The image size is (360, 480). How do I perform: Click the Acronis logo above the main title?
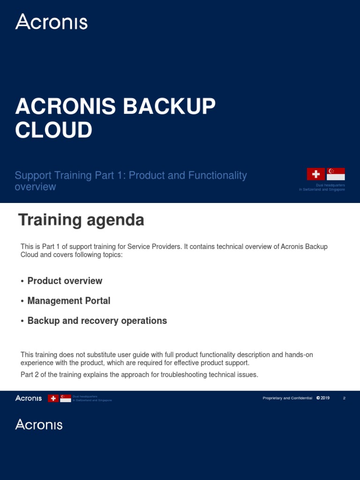coord(51,22)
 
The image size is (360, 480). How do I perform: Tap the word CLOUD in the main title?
coord(53,130)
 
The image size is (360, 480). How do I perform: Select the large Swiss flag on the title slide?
coord(316,174)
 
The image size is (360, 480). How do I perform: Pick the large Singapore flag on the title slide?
coord(336,174)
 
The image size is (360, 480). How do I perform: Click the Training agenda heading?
coord(81,220)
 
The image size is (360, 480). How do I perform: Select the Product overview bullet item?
coord(65,281)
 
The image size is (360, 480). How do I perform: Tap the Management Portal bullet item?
coord(69,301)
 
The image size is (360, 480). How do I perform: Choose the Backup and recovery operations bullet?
coord(97,321)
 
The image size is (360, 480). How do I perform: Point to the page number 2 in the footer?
coord(344,398)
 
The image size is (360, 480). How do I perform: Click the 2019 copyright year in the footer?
coord(325,398)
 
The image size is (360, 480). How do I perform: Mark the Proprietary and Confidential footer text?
coord(287,398)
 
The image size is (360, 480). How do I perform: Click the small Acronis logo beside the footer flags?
coord(29,398)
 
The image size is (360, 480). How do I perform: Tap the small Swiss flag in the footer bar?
coord(54,398)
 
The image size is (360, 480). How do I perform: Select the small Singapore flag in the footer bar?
coord(66,398)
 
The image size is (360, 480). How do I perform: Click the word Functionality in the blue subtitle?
coord(217,175)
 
